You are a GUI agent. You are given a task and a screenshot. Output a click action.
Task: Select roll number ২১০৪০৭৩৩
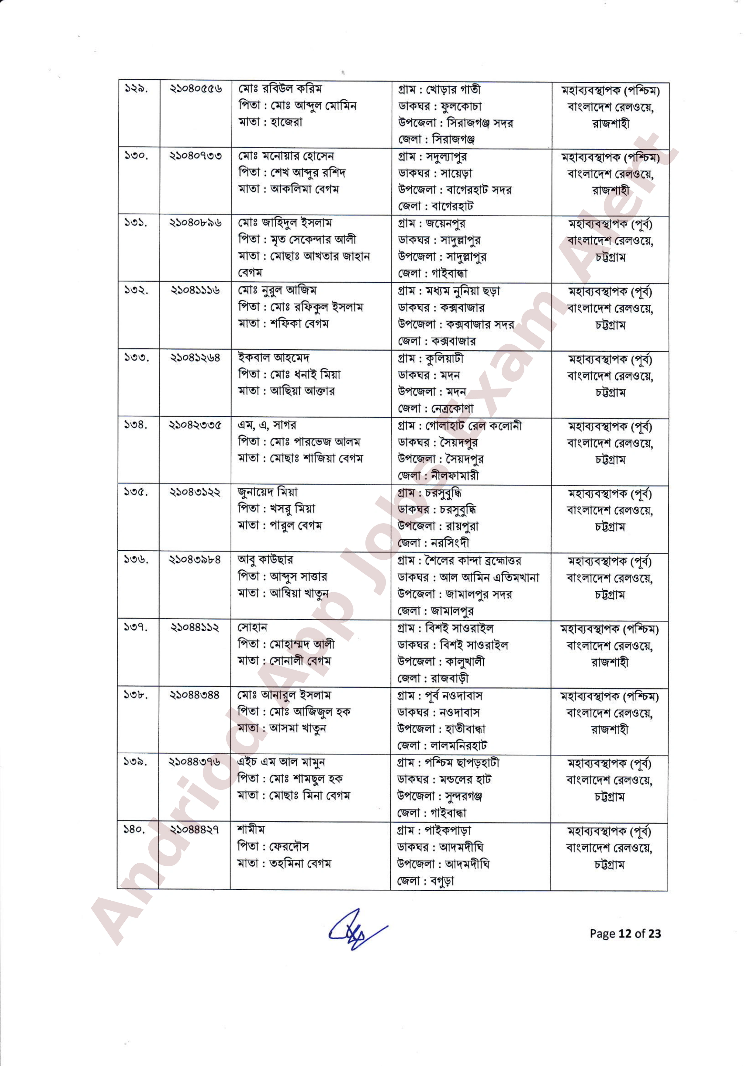click(195, 156)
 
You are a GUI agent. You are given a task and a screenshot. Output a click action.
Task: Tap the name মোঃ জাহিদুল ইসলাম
click(285, 223)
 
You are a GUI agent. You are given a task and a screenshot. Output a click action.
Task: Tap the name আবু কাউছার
click(265, 559)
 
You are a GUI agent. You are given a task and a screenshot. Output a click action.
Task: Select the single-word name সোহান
click(252, 627)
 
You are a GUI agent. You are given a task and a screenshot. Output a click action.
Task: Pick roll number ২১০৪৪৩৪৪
click(195, 695)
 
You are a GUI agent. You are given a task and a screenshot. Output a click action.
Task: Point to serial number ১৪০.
click(135, 829)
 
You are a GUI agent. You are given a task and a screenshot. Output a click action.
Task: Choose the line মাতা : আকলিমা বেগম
click(289, 189)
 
